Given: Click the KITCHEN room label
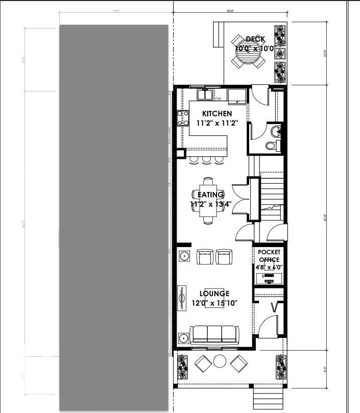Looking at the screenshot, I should (x=217, y=113).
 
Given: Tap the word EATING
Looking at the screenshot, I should (x=210, y=195).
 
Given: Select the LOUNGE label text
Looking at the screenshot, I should (x=214, y=294).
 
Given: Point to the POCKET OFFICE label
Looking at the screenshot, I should (x=269, y=256).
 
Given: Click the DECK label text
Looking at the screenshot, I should (x=255, y=39).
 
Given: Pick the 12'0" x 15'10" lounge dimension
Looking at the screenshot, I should (x=214, y=303).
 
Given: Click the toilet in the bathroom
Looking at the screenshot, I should (x=272, y=145).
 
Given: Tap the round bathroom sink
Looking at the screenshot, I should (x=276, y=131).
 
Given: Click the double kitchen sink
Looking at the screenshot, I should (x=205, y=94).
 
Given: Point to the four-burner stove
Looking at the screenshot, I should (x=182, y=118).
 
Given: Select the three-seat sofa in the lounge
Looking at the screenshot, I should (x=214, y=335).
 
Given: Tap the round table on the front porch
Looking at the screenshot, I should (x=220, y=361).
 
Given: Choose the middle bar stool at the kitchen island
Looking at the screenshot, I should (x=206, y=160).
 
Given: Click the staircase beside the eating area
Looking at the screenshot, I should (x=272, y=194).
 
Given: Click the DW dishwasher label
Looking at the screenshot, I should (x=218, y=99).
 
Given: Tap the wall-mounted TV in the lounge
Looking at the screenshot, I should (x=181, y=298).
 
